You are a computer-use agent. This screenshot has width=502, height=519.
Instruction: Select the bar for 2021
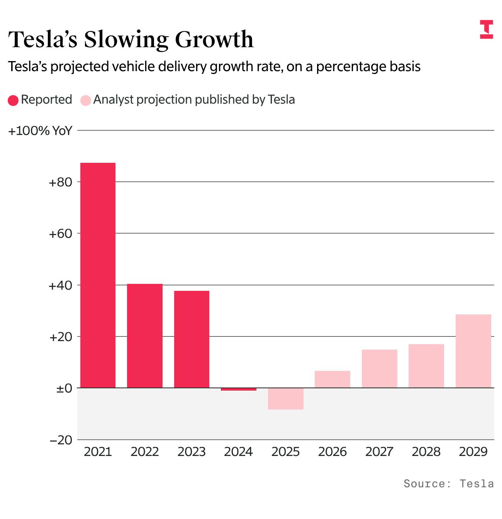point(98,275)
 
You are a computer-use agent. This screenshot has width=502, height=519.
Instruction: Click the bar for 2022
point(145,336)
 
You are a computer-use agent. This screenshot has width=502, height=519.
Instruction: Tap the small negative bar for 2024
point(239,389)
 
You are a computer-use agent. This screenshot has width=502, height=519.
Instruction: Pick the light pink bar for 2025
point(286,398)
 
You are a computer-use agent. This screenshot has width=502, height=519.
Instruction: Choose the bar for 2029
point(473,351)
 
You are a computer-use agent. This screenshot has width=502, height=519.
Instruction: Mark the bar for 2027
point(380,369)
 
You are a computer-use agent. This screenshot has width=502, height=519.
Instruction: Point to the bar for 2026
point(332,379)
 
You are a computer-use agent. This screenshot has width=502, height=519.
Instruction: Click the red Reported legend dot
point(13,101)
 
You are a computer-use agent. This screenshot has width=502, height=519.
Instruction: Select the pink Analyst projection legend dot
point(86,101)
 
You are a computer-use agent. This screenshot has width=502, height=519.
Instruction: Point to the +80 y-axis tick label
point(61,182)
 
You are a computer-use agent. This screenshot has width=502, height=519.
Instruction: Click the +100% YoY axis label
point(40,131)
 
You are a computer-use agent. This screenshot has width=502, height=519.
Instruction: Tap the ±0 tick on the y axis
point(64,388)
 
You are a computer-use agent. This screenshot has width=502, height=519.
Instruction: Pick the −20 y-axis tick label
point(61,440)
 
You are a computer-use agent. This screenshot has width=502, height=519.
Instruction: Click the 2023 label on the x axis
point(192,452)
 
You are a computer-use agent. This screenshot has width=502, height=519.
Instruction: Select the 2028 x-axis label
point(426,452)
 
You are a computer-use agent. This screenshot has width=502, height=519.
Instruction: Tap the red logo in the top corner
point(487,29)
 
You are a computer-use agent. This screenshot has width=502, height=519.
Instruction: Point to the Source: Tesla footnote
point(448,483)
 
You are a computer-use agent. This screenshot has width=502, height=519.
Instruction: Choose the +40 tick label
point(61,285)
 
